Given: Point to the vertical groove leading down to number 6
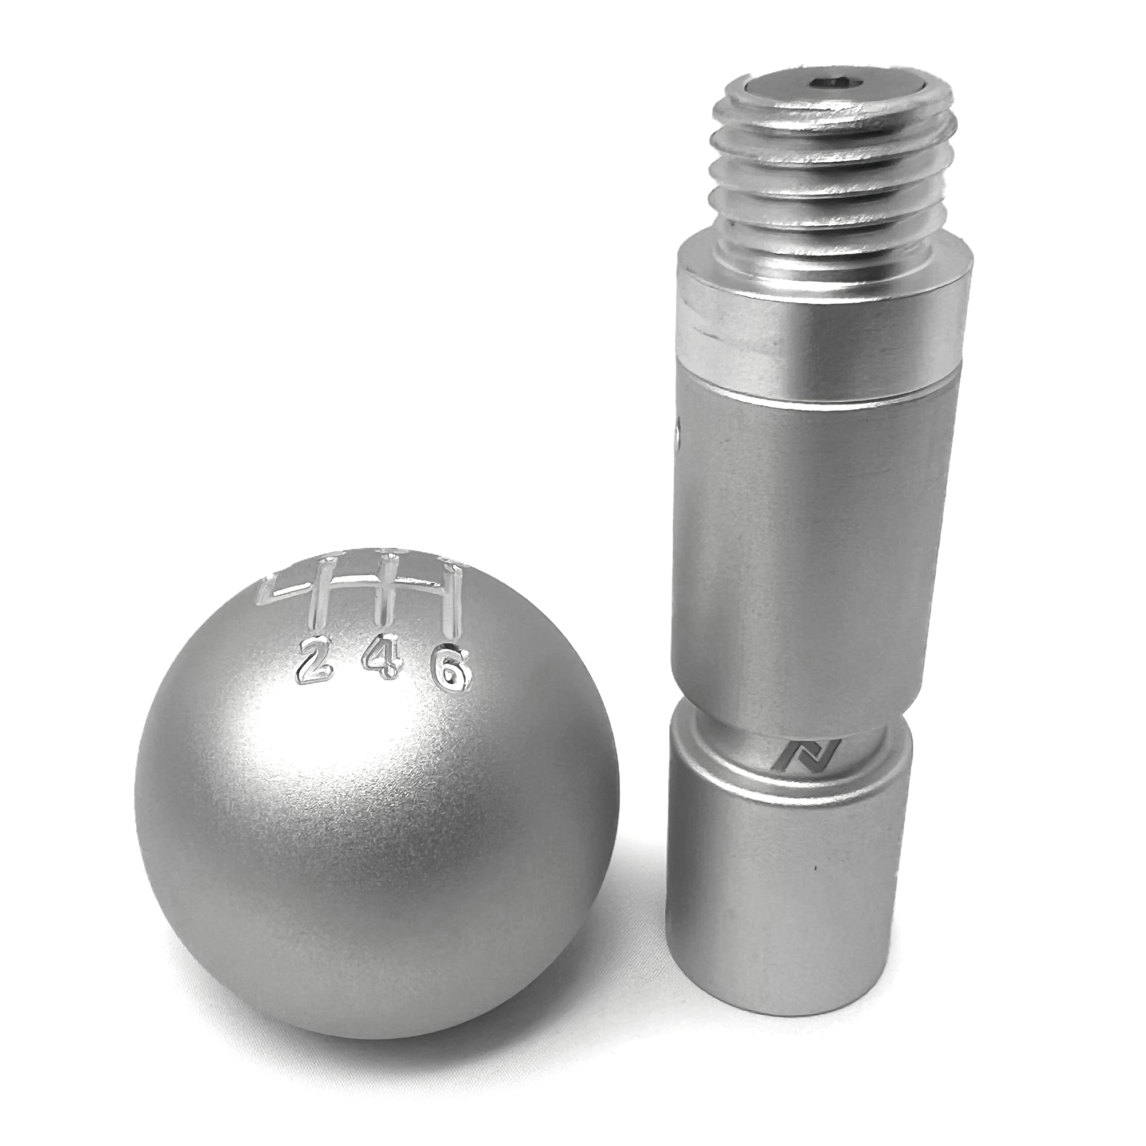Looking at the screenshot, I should click(x=454, y=605).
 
